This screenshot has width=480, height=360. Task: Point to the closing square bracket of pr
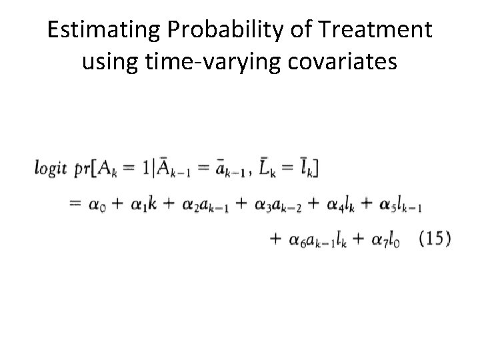point(315,171)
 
